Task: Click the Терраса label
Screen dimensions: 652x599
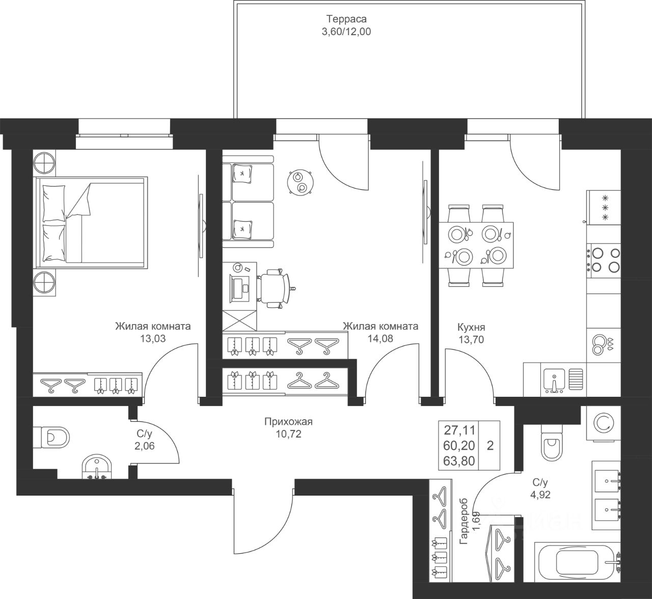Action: point(346,19)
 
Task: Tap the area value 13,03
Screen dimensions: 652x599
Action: point(153,339)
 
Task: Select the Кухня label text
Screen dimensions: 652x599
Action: point(471,327)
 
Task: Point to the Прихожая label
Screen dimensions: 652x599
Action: point(288,422)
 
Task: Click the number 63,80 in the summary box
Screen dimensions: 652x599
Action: point(459,461)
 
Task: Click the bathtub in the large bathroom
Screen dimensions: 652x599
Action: point(579,562)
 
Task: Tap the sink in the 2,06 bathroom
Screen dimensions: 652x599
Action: point(97,467)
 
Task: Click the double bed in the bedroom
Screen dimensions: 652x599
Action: point(92,223)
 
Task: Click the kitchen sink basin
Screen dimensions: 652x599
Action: point(555,379)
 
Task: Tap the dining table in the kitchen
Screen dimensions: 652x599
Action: point(476,245)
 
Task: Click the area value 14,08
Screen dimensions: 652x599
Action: point(381,339)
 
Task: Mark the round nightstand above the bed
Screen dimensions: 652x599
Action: point(44,162)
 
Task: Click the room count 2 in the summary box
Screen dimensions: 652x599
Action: point(491,445)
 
